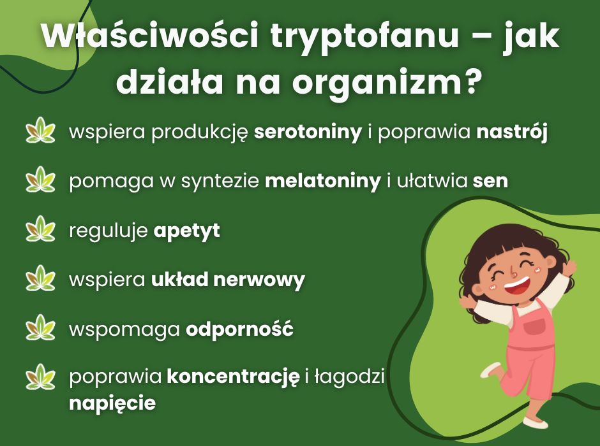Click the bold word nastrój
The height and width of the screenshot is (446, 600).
point(513,134)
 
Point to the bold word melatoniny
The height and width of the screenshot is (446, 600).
point(322,182)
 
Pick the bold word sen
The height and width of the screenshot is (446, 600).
point(490,182)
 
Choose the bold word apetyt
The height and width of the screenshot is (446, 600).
point(186,231)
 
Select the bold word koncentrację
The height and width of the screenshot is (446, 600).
point(233,377)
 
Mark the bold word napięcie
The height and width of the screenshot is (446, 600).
point(112,403)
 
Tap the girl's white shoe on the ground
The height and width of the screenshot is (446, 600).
point(535,422)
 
